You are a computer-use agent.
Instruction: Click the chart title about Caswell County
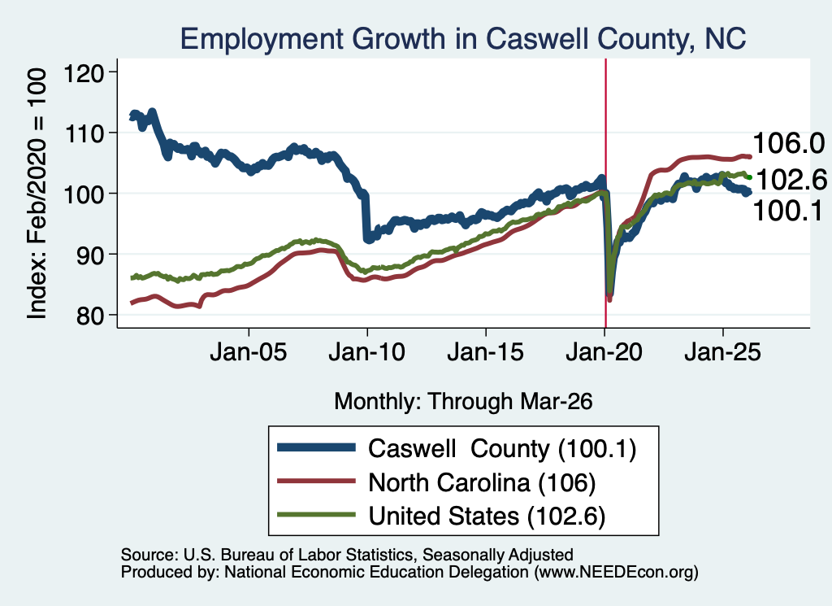[x=463, y=39]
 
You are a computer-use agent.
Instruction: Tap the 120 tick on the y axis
[x=84, y=72]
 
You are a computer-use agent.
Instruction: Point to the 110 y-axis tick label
[x=84, y=133]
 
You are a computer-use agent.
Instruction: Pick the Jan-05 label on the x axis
[x=249, y=352]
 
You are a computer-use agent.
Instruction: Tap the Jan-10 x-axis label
[x=366, y=352]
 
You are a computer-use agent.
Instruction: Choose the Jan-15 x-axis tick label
[x=486, y=352]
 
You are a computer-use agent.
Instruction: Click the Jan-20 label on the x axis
[x=604, y=352]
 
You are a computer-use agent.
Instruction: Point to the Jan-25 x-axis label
[x=722, y=352]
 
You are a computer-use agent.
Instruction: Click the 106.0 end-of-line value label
[x=788, y=143]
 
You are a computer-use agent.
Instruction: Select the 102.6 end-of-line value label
[x=791, y=180]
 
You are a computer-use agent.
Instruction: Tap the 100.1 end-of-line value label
[x=787, y=211]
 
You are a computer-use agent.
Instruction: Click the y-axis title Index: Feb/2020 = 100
[x=37, y=194]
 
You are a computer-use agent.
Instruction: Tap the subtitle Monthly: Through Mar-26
[x=463, y=401]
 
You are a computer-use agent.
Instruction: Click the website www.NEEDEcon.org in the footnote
[x=616, y=572]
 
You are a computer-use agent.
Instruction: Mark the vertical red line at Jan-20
[x=605, y=194]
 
